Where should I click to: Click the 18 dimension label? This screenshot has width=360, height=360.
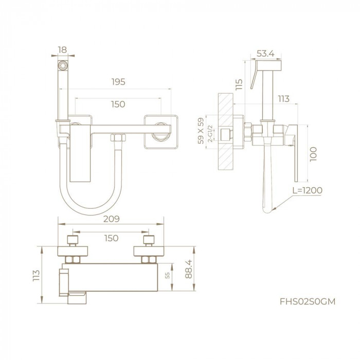62,49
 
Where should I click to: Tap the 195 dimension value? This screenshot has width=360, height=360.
118,82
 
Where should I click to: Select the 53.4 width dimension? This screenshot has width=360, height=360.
265,53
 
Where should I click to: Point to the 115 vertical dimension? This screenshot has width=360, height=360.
239,84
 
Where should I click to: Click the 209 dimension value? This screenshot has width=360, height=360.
112,219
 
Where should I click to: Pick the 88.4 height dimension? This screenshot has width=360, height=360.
189,269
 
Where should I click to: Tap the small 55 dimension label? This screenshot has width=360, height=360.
167,275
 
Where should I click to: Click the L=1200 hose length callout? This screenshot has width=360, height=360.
307,190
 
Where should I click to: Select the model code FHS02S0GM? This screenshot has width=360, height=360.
308,301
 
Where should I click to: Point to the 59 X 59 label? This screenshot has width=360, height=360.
201,131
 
